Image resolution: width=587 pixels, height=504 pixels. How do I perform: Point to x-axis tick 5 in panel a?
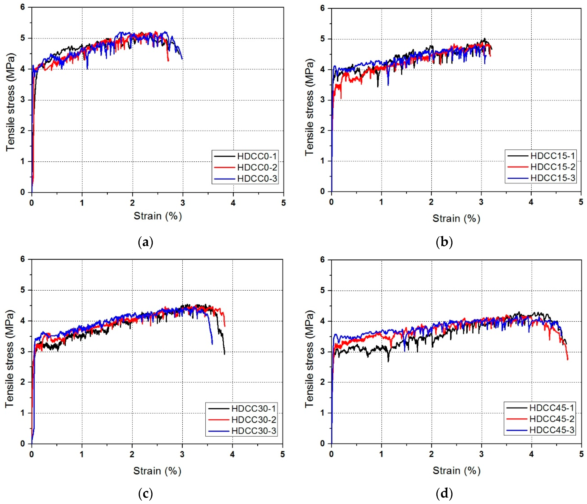[283, 203]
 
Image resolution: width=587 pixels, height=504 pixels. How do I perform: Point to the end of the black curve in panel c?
[224, 354]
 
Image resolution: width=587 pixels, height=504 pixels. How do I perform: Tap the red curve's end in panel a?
[168, 61]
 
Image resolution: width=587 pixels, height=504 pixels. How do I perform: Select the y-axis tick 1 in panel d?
[322, 413]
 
